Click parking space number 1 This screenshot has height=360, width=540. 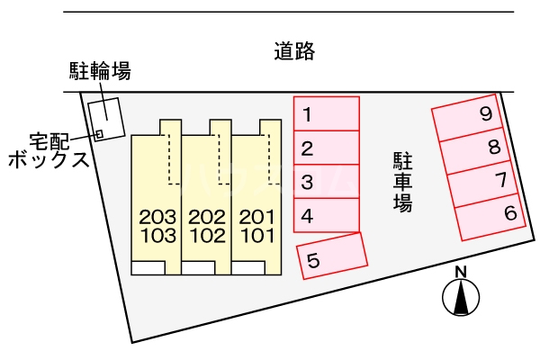[x=327, y=113]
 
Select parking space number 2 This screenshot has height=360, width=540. [x=327, y=148]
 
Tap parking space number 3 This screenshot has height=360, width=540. [x=327, y=182]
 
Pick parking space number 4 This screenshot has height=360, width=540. [x=327, y=215]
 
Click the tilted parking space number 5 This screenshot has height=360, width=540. [x=332, y=256]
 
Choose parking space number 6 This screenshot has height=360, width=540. [x=490, y=217]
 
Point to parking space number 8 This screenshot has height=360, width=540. [x=475, y=151]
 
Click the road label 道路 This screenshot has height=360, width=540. [x=294, y=51]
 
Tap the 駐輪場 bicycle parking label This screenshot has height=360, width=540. [x=100, y=71]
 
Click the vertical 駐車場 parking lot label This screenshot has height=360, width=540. [x=403, y=182]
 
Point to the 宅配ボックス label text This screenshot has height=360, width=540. [x=49, y=151]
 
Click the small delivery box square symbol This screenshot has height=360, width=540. [x=99, y=134]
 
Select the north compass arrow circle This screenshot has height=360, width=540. [x=461, y=298]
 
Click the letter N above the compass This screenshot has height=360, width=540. [x=461, y=273]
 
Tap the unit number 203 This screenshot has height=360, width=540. [x=157, y=217]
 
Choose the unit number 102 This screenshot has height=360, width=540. [x=208, y=236]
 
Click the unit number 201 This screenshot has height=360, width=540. [x=257, y=217]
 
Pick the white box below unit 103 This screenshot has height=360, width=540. [x=148, y=268]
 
